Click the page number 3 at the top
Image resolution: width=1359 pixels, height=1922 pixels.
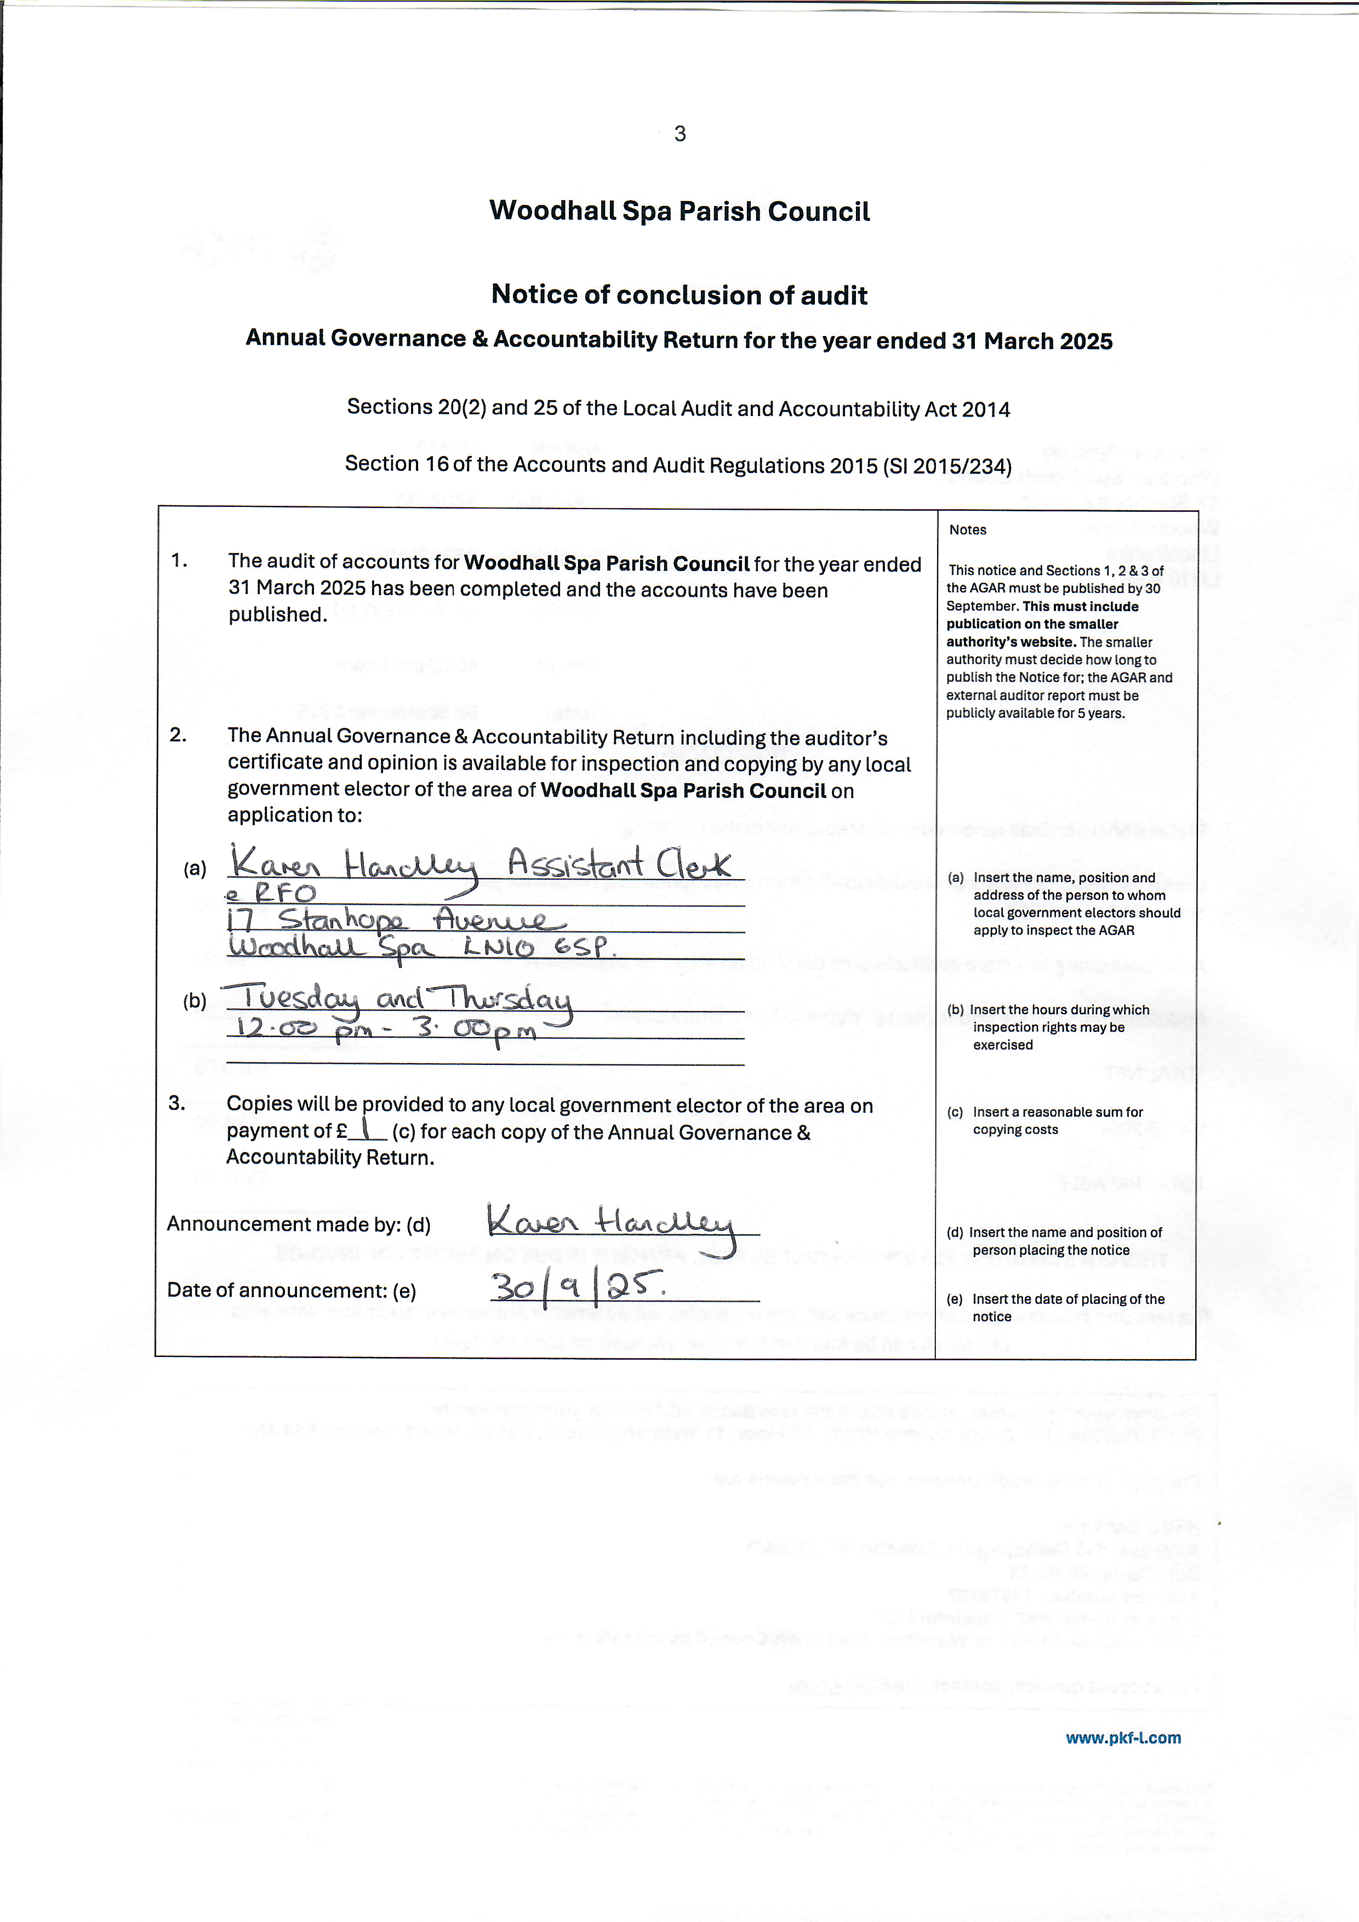click(679, 134)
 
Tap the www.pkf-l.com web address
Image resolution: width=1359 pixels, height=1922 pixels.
click(1123, 1738)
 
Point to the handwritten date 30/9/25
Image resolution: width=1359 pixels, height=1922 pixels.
click(578, 1287)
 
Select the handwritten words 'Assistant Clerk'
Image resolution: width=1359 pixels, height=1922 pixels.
click(619, 864)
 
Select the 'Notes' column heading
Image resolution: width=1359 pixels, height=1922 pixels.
click(967, 530)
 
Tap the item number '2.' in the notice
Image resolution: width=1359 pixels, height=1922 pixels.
click(178, 735)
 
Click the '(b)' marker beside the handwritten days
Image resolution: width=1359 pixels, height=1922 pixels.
click(195, 1000)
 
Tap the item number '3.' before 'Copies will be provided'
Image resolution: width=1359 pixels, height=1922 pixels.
click(176, 1103)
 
